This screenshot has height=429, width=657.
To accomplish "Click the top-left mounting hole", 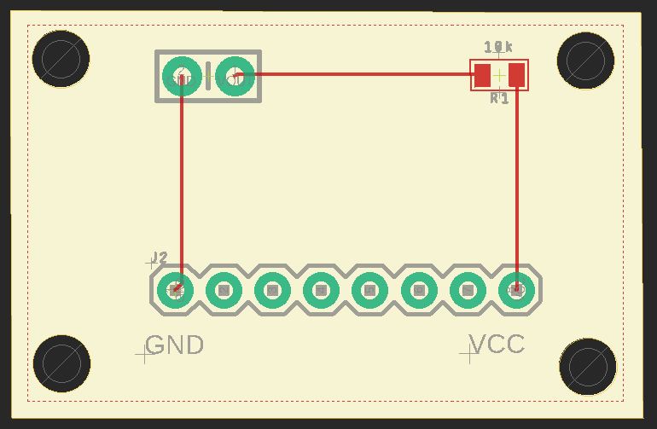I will point(61,59).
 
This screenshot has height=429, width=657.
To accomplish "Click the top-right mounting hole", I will point(585,61).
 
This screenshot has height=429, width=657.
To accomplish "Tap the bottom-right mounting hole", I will point(587,366).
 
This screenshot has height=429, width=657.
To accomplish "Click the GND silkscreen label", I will point(175,345).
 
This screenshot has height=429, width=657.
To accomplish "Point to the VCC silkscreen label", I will point(497,345).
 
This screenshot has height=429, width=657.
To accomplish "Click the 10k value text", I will point(498,47).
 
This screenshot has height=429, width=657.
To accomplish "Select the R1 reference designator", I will point(499,98).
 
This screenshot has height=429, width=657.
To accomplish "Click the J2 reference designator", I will point(159,258).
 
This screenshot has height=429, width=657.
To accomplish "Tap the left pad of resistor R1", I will point(483,75).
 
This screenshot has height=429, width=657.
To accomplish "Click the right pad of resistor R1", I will point(516,75).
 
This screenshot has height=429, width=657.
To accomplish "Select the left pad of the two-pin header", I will point(182,76).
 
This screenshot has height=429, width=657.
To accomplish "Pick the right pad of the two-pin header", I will point(235,76).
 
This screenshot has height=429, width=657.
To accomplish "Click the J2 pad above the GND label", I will point(176,290).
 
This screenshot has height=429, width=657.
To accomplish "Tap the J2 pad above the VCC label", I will point(516,290).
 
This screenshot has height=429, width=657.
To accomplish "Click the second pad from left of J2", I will point(224,290).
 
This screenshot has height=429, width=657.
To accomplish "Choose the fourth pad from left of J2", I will point(322,290).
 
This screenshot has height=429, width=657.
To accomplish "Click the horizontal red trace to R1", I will point(358,73).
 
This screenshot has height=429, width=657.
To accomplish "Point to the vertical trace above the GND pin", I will point(181,179).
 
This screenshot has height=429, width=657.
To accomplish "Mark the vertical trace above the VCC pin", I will point(517,179).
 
